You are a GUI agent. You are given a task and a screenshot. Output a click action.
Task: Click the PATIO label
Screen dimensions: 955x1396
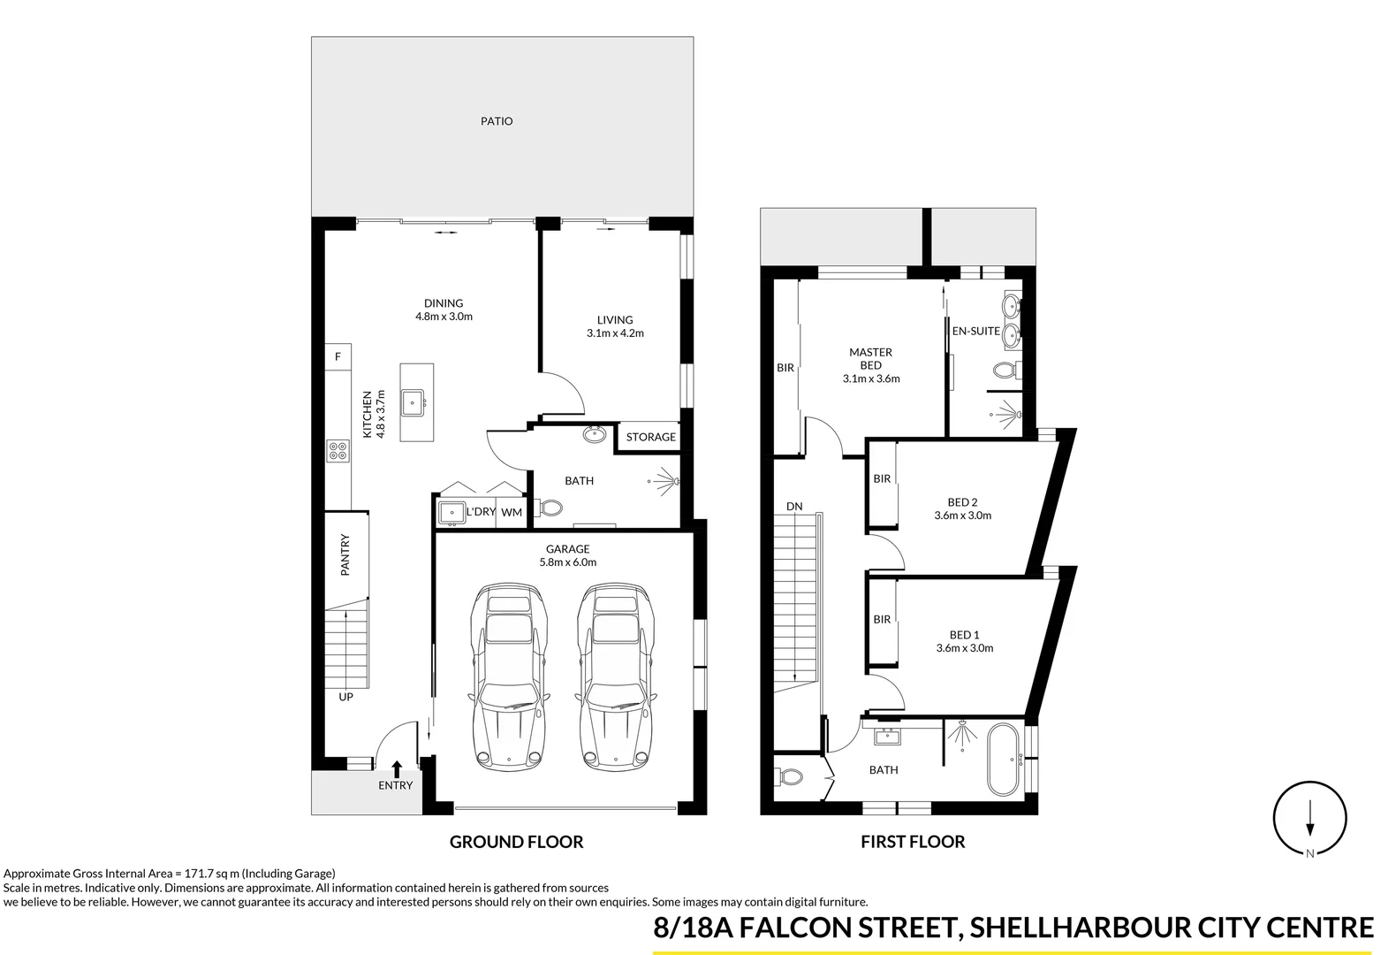point(497,121)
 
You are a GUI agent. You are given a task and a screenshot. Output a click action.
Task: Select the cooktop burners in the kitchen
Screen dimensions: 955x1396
point(338,451)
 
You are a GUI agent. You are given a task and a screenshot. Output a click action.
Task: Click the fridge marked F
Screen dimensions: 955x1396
point(338,356)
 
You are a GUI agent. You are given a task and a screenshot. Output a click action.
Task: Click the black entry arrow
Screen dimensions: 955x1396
point(397,768)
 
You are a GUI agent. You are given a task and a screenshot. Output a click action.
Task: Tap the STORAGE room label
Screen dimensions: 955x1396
point(650,437)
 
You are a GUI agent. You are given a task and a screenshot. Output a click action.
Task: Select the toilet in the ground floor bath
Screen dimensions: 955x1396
point(550,508)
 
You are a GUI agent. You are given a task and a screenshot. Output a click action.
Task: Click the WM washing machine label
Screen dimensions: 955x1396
point(512,512)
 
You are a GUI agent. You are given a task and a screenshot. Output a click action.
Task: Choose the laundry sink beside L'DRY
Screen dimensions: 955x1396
point(451,512)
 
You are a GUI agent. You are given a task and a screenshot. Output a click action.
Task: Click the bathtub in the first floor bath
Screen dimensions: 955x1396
point(1005,759)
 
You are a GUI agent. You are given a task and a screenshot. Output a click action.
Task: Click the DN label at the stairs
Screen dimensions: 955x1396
point(794,506)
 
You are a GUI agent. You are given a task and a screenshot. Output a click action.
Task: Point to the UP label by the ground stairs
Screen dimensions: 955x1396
point(346,697)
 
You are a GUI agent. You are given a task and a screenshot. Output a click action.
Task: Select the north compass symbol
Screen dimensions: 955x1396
point(1309,819)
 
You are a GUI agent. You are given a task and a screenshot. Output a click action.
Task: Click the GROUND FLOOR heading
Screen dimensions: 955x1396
point(516,842)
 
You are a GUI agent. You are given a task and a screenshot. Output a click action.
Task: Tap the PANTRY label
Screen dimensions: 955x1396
point(346,554)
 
